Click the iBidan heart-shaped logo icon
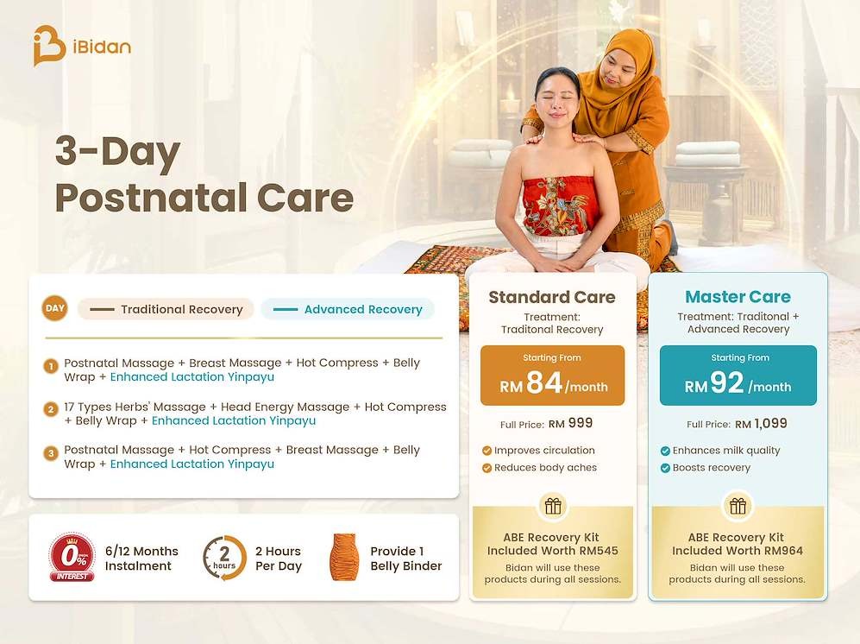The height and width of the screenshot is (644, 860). pos(48,46)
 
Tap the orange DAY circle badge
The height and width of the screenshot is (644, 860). pos(55,308)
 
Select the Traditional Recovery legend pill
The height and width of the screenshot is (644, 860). pos(166,309)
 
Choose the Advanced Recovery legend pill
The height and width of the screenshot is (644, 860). pos(348,309)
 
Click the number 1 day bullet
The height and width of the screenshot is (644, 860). pos(51,366)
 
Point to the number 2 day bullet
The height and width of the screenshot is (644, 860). pos(51,409)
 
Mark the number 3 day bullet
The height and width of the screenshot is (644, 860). pos(51,453)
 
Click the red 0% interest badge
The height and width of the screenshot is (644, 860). pos(72,557)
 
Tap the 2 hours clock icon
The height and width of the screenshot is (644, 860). pos(224,558)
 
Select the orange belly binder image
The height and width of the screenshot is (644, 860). pos(344,558)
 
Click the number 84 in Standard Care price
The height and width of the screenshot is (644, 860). pos(544,382)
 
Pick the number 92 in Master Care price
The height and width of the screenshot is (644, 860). pos(726,382)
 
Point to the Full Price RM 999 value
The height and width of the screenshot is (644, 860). pos(570,423)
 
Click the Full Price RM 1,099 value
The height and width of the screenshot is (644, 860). pos(761,424)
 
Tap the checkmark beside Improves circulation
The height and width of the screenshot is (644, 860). pos(486,451)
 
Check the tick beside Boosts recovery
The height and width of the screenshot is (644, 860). pos(665,468)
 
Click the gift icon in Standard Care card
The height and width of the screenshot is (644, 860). pos(553,506)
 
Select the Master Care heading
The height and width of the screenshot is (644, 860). pos(738,296)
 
